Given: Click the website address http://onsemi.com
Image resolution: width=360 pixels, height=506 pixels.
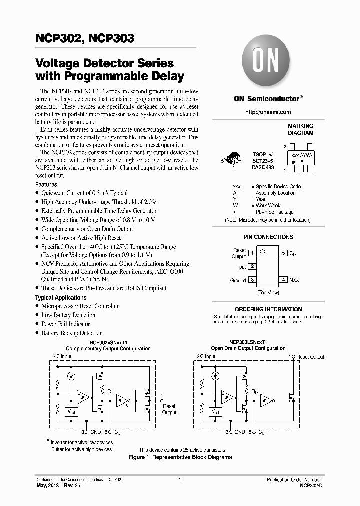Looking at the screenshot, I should [268, 112].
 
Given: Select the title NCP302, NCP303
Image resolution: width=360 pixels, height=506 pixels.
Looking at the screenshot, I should [84, 38].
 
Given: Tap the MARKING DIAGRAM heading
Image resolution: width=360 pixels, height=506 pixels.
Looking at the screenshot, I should [300, 130].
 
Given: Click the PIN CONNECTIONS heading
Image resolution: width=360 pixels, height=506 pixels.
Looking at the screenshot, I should [268, 237].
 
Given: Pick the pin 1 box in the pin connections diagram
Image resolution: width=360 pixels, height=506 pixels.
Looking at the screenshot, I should [252, 253].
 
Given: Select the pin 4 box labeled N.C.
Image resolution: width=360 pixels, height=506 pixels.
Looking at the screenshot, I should [283, 280].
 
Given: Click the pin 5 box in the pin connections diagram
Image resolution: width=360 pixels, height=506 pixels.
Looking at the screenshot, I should [283, 253].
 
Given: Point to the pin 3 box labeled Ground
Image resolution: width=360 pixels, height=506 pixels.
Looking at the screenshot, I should [252, 280].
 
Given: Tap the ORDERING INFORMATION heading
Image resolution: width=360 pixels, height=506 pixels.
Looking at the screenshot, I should [268, 309].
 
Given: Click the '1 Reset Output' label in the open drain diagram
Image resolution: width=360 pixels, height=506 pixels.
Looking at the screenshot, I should [307, 357].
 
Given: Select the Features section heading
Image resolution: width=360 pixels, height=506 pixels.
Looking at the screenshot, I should [46, 184].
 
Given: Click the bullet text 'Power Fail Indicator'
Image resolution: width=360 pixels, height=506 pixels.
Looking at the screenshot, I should [65, 324].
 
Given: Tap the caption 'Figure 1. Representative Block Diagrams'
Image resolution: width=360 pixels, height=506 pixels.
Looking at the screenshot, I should [180, 457].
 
